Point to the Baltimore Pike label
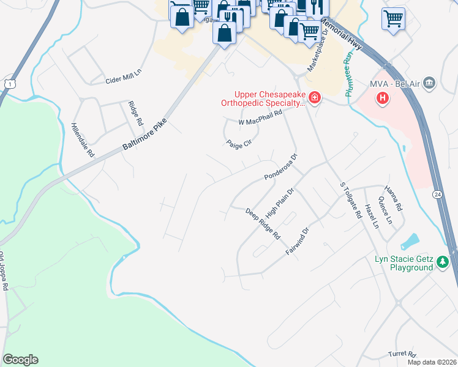pos(145,135)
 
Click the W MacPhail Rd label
pos(260,117)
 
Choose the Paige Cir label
pos(239,144)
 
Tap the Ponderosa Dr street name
pos(280,167)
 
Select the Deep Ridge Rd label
pos(263,224)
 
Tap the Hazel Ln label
pos(372,217)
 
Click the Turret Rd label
pos(402,354)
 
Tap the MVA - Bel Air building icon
pos(429,83)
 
